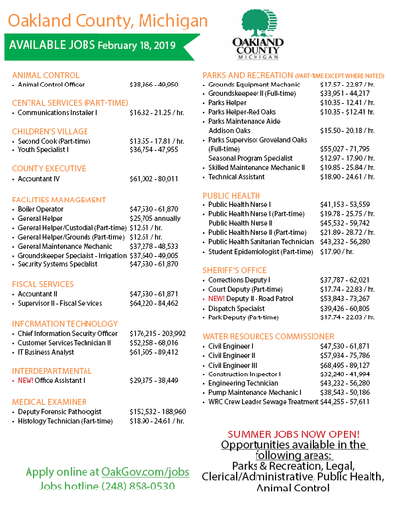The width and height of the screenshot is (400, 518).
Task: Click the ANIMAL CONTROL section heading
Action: click(44, 74)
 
